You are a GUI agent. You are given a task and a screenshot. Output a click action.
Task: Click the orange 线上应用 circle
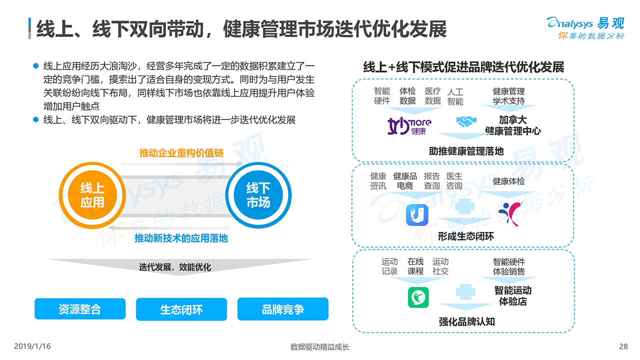[92, 195]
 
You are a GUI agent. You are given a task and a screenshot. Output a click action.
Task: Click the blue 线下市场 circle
[258, 195]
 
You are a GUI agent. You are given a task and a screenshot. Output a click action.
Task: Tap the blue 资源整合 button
[80, 309]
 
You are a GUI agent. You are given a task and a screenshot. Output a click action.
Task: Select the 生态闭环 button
[181, 309]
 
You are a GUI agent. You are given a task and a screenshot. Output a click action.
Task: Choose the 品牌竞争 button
[282, 309]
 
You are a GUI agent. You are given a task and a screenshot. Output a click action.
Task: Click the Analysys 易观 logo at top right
[585, 28]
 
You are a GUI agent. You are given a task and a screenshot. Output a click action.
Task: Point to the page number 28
[623, 346]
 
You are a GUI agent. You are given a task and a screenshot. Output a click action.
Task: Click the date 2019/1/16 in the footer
[32, 346]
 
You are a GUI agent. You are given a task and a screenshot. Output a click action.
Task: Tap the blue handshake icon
[466, 121]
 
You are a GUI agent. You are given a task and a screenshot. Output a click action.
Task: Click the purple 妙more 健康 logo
[409, 126]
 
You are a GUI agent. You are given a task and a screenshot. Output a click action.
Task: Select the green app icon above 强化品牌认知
[417, 297]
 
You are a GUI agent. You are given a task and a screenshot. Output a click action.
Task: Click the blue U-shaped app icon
[417, 215]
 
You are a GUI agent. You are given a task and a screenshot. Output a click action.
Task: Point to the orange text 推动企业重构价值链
[181, 153]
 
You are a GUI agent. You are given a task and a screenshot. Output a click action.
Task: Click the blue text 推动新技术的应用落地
[181, 238]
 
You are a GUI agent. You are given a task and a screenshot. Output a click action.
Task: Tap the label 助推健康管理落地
[466, 150]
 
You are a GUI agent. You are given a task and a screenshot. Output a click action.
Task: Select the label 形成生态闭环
[465, 236]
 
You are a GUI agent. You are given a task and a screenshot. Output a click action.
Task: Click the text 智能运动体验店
[512, 296]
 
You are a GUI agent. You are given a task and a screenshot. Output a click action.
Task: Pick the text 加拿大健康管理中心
[512, 125]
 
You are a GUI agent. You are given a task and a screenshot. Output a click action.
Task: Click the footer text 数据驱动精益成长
[320, 347]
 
